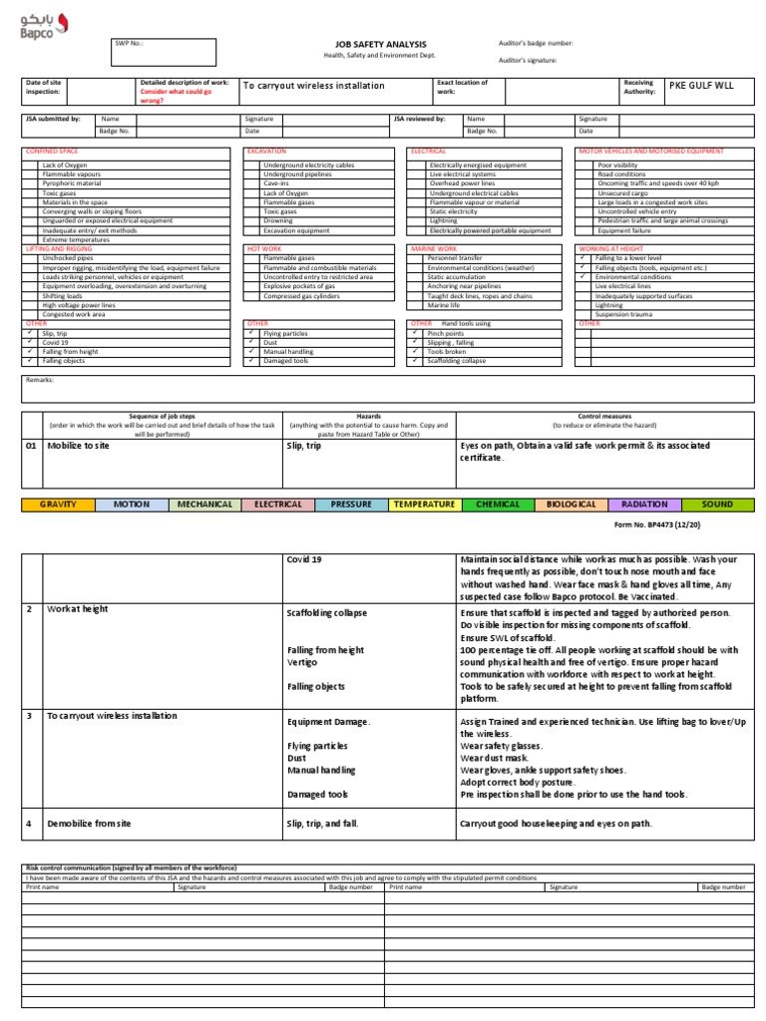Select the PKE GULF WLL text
(x=700, y=86)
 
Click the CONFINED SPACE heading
(x=51, y=151)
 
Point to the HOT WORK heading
(x=265, y=247)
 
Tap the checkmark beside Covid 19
(x=31, y=342)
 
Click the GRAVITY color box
(x=58, y=505)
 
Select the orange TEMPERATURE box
(x=424, y=505)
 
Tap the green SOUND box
(x=715, y=505)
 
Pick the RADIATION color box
(x=643, y=505)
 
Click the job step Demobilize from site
(x=89, y=825)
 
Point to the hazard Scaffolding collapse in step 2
(x=327, y=613)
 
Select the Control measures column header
(x=601, y=417)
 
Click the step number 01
(x=31, y=447)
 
